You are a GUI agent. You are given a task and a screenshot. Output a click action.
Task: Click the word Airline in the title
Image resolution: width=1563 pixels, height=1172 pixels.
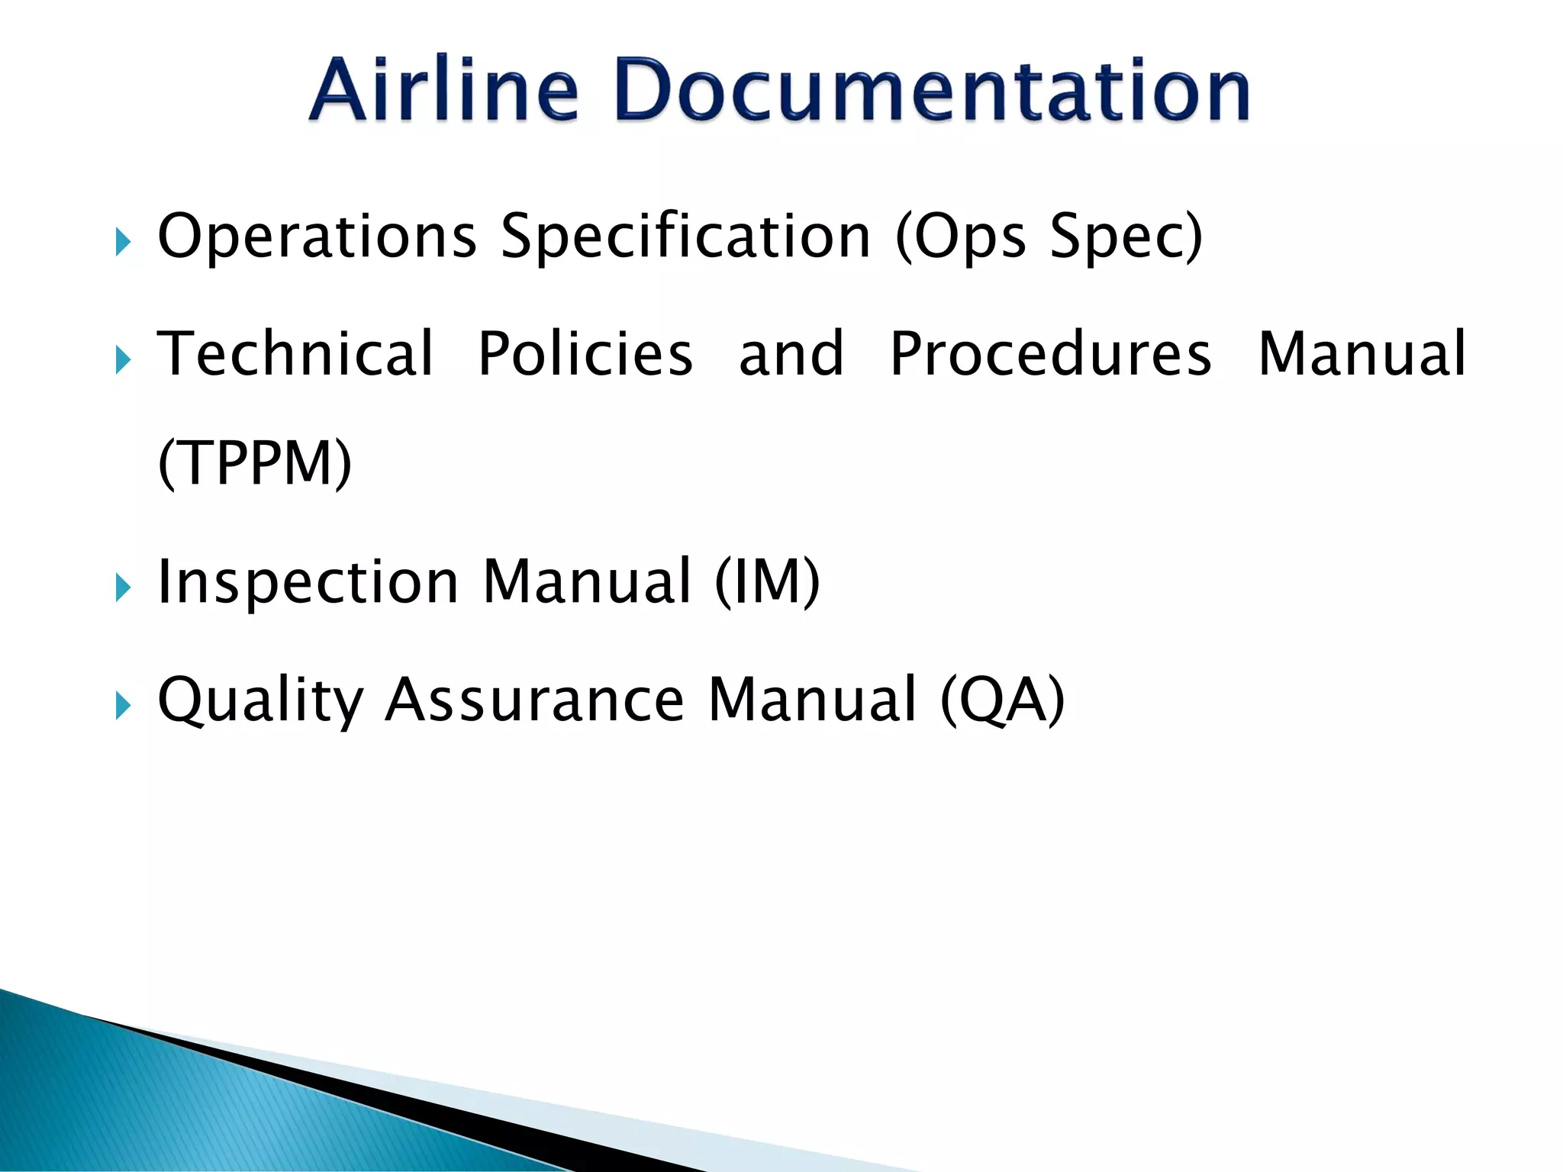(443, 90)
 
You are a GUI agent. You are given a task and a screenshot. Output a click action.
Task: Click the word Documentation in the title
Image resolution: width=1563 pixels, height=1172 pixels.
(930, 90)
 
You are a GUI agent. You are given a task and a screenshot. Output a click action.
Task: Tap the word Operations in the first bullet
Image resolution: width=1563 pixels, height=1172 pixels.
(317, 237)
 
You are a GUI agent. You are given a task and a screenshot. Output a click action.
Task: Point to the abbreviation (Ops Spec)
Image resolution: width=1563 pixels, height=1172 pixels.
(1049, 237)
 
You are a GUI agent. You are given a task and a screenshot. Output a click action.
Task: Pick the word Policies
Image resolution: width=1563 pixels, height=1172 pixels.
(585, 354)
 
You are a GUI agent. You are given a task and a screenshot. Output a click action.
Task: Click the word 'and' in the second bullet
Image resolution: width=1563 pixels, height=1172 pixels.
(791, 354)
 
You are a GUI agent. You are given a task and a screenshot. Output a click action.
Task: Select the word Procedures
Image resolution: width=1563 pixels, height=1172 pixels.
(1051, 354)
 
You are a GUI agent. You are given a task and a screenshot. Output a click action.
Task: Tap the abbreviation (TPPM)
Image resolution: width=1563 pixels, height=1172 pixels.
(255, 463)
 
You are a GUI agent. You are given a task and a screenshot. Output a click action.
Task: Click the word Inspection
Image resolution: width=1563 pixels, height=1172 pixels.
(308, 582)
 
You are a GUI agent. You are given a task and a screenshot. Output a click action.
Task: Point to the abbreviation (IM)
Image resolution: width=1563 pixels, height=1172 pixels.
(767, 582)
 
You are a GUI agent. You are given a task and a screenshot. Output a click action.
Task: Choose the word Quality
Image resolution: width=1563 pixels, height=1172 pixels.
(260, 700)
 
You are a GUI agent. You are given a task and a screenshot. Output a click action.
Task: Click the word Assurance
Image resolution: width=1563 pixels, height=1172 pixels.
(535, 700)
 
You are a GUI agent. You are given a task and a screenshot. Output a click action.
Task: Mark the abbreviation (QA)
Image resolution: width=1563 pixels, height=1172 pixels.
(1002, 700)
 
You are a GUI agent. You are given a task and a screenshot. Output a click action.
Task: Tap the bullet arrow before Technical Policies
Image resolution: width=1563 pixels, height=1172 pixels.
(123, 359)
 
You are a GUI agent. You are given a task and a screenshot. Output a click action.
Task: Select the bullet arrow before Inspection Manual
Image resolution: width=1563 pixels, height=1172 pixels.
(123, 588)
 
